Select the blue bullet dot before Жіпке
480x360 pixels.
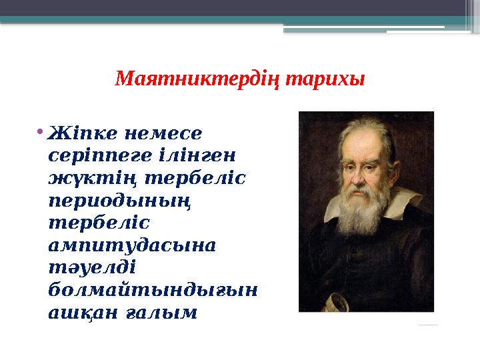pos(41,128)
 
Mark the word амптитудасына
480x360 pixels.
pos(132,245)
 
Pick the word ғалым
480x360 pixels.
pos(167,313)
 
